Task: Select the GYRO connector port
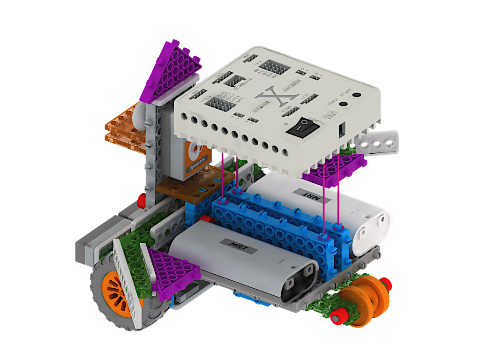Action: [x=292, y=111]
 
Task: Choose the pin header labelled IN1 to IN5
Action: [x=273, y=68]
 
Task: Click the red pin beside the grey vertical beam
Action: [x=141, y=201]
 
